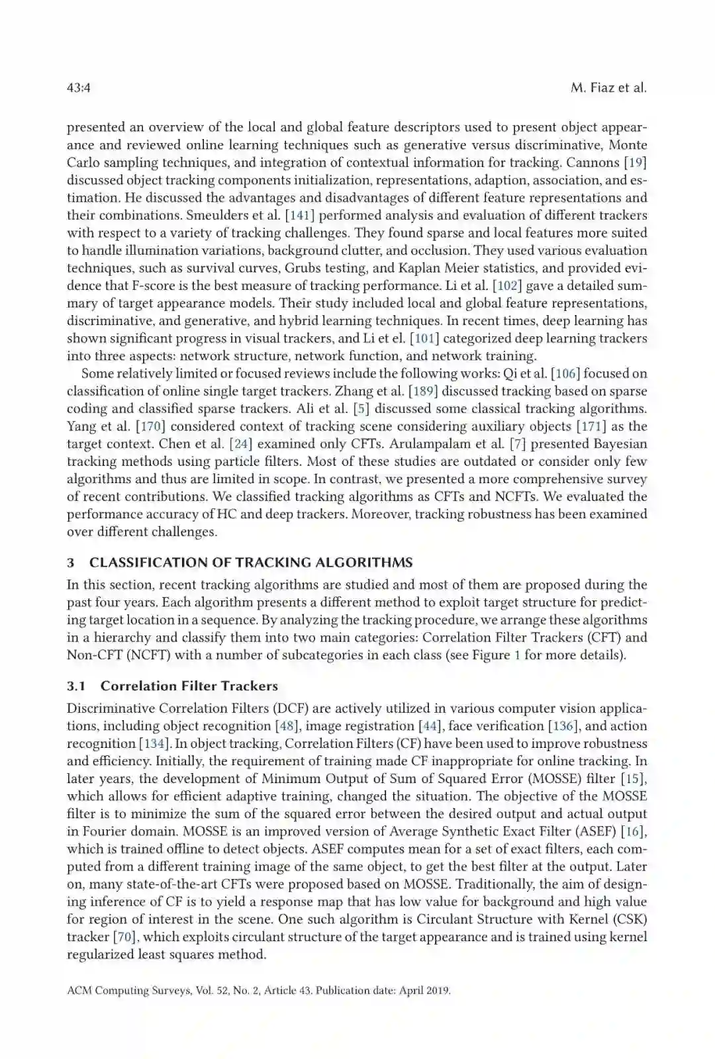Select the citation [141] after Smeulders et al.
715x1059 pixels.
pos(299,215)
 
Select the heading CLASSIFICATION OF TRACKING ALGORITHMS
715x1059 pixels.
pos(251,563)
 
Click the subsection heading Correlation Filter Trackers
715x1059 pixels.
pos(189,686)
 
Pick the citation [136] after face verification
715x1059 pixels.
pos(561,726)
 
